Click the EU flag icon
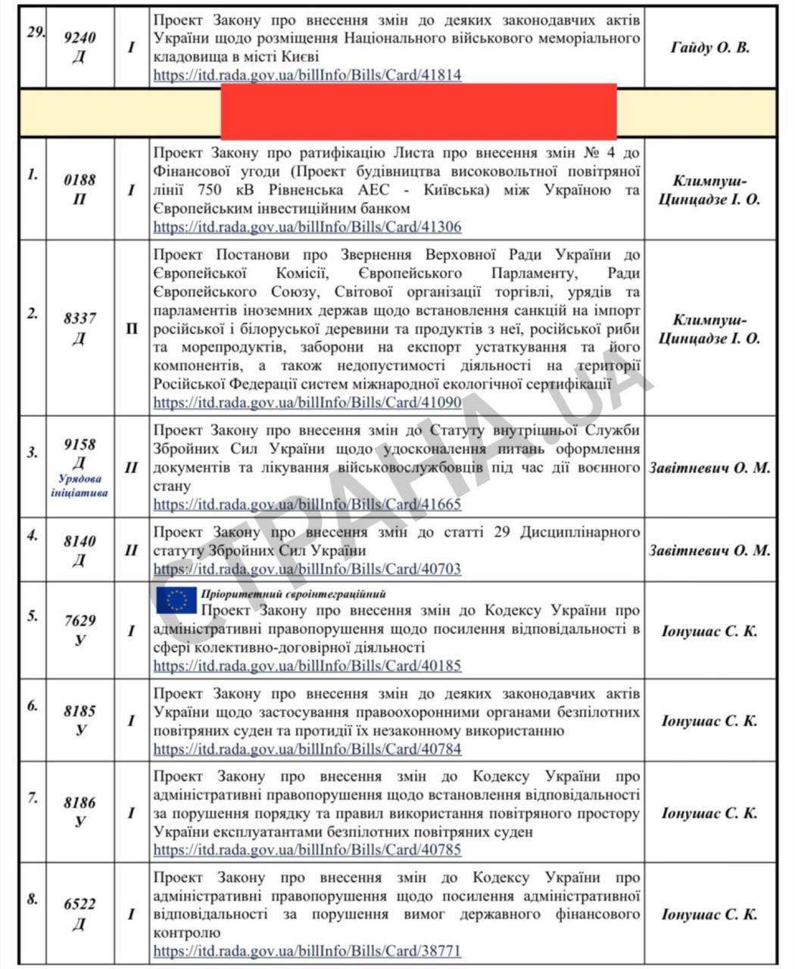click(176, 600)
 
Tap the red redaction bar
click(418, 112)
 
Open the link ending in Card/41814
click(307, 76)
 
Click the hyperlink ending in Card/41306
click(307, 227)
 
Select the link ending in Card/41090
click(307, 403)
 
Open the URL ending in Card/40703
click(307, 569)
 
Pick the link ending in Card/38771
click(307, 951)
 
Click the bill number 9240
click(79, 37)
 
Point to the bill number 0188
click(79, 180)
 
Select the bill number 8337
click(79, 319)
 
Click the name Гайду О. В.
click(710, 48)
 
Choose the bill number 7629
click(79, 621)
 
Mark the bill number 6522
click(79, 905)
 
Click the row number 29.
click(33, 34)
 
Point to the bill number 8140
click(79, 542)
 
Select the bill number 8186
click(79, 802)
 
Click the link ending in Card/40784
click(307, 749)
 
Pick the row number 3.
click(33, 453)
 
